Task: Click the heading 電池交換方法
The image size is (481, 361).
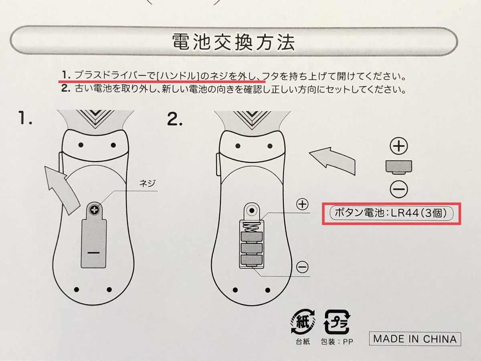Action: (x=233, y=42)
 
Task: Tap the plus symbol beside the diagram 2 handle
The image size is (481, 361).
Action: (x=302, y=204)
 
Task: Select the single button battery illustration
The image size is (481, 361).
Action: (x=399, y=167)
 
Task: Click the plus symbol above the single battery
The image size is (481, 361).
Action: (x=399, y=146)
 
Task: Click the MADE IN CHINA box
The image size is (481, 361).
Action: (x=414, y=339)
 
